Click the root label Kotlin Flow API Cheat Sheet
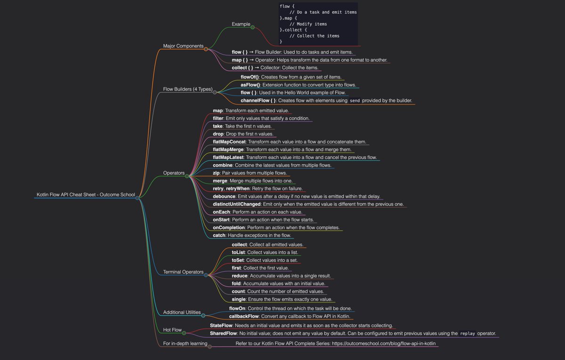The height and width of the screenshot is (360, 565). pyautogui.click(x=85, y=194)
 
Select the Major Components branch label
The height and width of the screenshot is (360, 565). pyautogui.click(x=183, y=46)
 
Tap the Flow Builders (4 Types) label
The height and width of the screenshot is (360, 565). pyautogui.click(x=187, y=89)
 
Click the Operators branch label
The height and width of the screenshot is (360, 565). pyautogui.click(x=174, y=173)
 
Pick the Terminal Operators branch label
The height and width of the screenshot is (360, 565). pyautogui.click(x=183, y=272)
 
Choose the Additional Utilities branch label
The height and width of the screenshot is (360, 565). pyautogui.click(x=182, y=312)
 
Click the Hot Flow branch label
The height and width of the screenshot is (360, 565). pyautogui.click(x=172, y=330)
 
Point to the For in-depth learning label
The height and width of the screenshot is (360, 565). pyautogui.click(x=186, y=344)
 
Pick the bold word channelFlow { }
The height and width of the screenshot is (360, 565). pyautogui.click(x=258, y=101)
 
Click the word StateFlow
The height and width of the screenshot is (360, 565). pyautogui.click(x=223, y=325)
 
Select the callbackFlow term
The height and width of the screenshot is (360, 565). pyautogui.click(x=244, y=316)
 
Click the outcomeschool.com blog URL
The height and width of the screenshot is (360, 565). pyautogui.click(x=384, y=344)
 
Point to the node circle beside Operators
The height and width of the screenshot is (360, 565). pyautogui.click(x=187, y=176)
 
